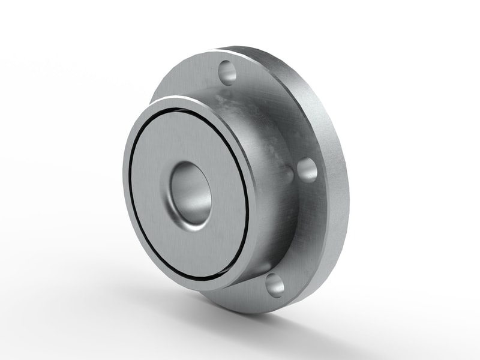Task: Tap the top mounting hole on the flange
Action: (228, 73)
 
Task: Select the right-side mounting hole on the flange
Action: (307, 170)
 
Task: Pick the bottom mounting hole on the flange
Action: (274, 284)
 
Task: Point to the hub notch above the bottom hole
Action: (264, 267)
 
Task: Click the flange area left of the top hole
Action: (192, 78)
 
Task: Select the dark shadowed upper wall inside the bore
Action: (186, 174)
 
